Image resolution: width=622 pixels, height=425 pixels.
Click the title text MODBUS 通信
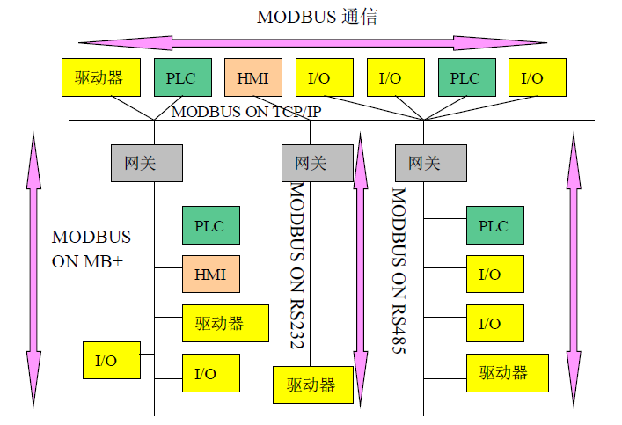tap(317, 17)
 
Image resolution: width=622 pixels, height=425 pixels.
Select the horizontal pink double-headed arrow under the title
tap(311, 42)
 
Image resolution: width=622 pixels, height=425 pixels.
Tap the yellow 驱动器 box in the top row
tap(99, 77)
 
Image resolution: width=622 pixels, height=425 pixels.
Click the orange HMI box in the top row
tap(253, 77)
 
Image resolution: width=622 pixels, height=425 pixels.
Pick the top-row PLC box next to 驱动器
tap(182, 77)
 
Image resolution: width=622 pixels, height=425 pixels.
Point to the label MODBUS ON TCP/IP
tap(245, 111)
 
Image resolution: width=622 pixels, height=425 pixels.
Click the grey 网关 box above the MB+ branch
tap(146, 163)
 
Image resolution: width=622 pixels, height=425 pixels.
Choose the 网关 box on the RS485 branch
tap(430, 163)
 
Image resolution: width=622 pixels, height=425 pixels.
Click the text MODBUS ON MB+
tap(91, 248)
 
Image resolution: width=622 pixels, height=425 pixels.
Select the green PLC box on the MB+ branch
tap(210, 225)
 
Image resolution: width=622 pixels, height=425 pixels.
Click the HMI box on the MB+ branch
tap(210, 275)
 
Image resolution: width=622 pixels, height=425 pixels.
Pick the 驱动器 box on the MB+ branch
tap(225, 323)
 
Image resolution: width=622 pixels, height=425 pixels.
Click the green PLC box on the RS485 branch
tap(494, 225)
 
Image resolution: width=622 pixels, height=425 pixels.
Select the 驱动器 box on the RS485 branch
tap(508, 372)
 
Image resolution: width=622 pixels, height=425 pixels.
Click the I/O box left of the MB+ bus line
tap(111, 361)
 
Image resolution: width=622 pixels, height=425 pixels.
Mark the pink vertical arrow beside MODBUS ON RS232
tap(359, 264)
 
